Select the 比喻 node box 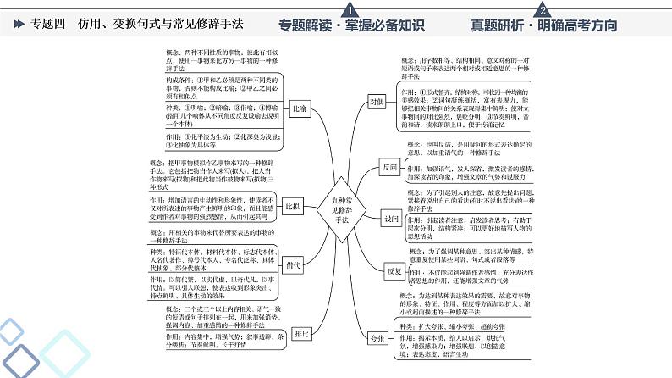pyautogui.click(x=299, y=109)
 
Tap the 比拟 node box pyautogui.click(x=293, y=207)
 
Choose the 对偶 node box pyautogui.click(x=377, y=101)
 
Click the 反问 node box pyautogui.click(x=389, y=168)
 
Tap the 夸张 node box pyautogui.click(x=377, y=337)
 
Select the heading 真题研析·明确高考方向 pyautogui.click(x=544, y=25)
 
